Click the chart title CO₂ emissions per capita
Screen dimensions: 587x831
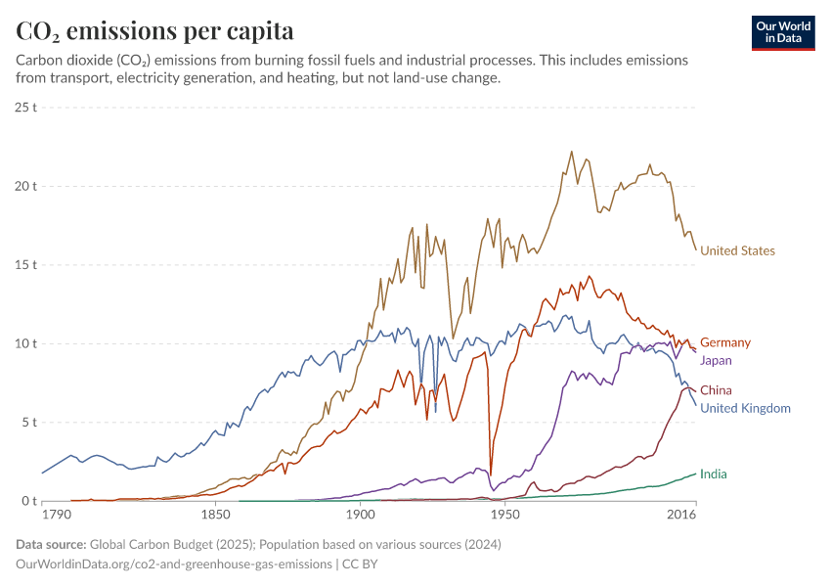pyautogui.click(x=155, y=31)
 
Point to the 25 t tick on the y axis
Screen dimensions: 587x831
pyautogui.click(x=25, y=106)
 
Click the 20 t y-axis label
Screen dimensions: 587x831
pyautogui.click(x=25, y=186)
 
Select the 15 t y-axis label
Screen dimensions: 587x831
pyautogui.click(x=25, y=265)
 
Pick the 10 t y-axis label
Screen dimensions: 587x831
pyautogui.click(x=25, y=344)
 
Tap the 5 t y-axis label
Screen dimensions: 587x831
pyautogui.click(x=28, y=423)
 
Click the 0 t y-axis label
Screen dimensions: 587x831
pyautogui.click(x=28, y=502)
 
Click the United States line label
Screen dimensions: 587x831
pyautogui.click(x=737, y=251)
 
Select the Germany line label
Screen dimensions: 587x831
pyautogui.click(x=725, y=342)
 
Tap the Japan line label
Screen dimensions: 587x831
pyautogui.click(x=716, y=360)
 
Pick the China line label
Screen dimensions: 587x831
pyautogui.click(x=716, y=390)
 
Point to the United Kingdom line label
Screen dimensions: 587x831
pyautogui.click(x=745, y=408)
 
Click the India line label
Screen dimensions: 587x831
pyautogui.click(x=714, y=474)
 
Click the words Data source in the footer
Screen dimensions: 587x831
pyautogui.click(x=52, y=544)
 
